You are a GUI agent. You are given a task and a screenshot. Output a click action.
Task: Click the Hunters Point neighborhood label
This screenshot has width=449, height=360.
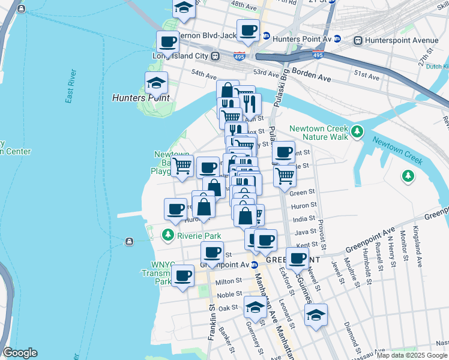(141, 97)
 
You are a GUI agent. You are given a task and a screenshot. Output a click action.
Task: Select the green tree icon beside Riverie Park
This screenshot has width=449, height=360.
(169, 235)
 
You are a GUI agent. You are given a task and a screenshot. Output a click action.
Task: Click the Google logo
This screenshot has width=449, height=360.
(20, 353)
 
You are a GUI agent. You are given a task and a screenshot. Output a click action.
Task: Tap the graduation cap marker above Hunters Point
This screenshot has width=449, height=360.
(156, 83)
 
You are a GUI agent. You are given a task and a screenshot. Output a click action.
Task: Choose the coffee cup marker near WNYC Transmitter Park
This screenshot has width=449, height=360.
(182, 277)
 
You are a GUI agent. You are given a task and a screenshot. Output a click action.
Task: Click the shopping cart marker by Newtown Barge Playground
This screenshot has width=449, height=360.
(182, 166)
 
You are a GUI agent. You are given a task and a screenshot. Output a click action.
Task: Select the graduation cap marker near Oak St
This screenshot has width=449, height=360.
(255, 307)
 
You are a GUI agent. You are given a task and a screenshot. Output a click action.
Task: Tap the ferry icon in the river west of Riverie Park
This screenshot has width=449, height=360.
(129, 242)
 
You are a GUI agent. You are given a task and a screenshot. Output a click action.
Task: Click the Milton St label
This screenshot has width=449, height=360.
(229, 281)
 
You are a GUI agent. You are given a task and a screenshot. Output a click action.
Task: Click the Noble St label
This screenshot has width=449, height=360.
(229, 295)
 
